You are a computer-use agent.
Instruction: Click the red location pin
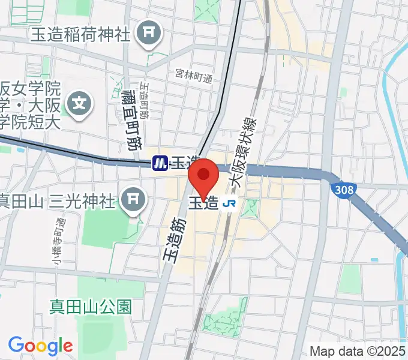pyautogui.click(x=204, y=176)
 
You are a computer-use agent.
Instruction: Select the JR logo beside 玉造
pyautogui.click(x=229, y=203)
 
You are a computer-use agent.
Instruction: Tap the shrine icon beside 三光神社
pyautogui.click(x=133, y=200)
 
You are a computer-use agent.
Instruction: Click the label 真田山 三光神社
pyautogui.click(x=57, y=200)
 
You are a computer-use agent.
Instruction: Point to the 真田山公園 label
pyautogui.click(x=90, y=307)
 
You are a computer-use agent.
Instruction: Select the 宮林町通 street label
pyautogui.click(x=194, y=76)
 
